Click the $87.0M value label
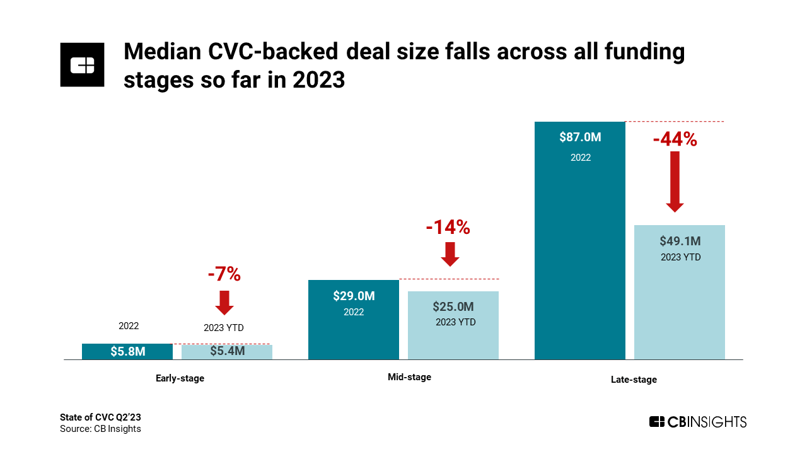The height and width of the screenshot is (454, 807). [x=581, y=137]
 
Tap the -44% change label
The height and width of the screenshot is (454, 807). [x=675, y=139]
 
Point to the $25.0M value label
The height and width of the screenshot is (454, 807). [x=453, y=307]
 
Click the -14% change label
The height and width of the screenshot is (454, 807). [x=448, y=227]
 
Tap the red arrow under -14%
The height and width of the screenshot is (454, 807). [x=450, y=253]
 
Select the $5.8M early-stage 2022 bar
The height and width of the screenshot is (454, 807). [x=127, y=352]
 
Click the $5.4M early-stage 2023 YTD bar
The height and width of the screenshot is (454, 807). [x=227, y=352]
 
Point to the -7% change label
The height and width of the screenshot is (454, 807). [x=224, y=274]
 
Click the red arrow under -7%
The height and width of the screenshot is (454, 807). [x=224, y=302]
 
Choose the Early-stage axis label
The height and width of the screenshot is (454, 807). [x=180, y=378]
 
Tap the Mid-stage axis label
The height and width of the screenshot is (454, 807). [x=409, y=377]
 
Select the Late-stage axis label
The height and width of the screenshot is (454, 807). [x=634, y=380]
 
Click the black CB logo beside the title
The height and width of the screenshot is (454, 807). [x=82, y=64]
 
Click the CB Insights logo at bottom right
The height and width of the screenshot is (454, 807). [x=697, y=422]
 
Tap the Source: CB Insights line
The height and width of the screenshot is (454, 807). [x=100, y=429]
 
